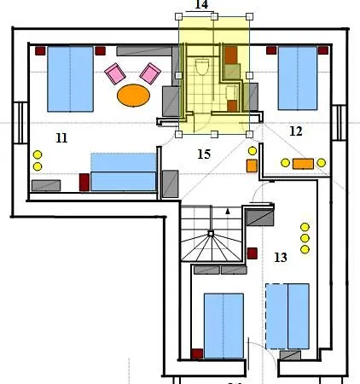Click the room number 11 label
61,138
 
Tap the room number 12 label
296,131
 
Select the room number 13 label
281,258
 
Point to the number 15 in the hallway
204,154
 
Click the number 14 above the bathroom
201,4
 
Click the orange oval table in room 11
133,96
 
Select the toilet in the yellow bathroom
202,67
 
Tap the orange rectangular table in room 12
303,164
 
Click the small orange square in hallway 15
252,166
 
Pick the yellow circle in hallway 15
253,151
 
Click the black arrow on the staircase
228,211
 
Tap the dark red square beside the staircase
253,253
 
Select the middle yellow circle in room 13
305,238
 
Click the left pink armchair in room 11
115,73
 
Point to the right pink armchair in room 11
150,73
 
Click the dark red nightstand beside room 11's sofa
84,183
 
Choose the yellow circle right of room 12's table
321,163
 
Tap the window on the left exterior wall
20,123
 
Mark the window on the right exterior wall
340,123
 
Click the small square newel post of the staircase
211,234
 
